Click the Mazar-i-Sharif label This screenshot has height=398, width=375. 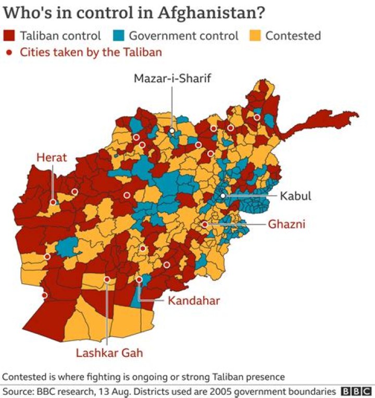(172, 79)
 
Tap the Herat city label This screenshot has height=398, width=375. (52, 157)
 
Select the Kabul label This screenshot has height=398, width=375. (295, 196)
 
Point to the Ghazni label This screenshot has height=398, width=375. (286, 225)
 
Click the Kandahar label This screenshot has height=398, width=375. (194, 301)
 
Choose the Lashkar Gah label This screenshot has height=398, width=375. (109, 353)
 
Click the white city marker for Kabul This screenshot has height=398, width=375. (223, 196)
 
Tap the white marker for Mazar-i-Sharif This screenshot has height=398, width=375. (172, 131)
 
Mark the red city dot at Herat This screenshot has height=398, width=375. (53, 202)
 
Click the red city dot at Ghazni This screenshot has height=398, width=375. (205, 225)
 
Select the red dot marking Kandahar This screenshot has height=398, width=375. (139, 280)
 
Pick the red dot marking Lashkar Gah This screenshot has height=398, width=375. (107, 280)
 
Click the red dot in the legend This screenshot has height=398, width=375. (9, 52)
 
